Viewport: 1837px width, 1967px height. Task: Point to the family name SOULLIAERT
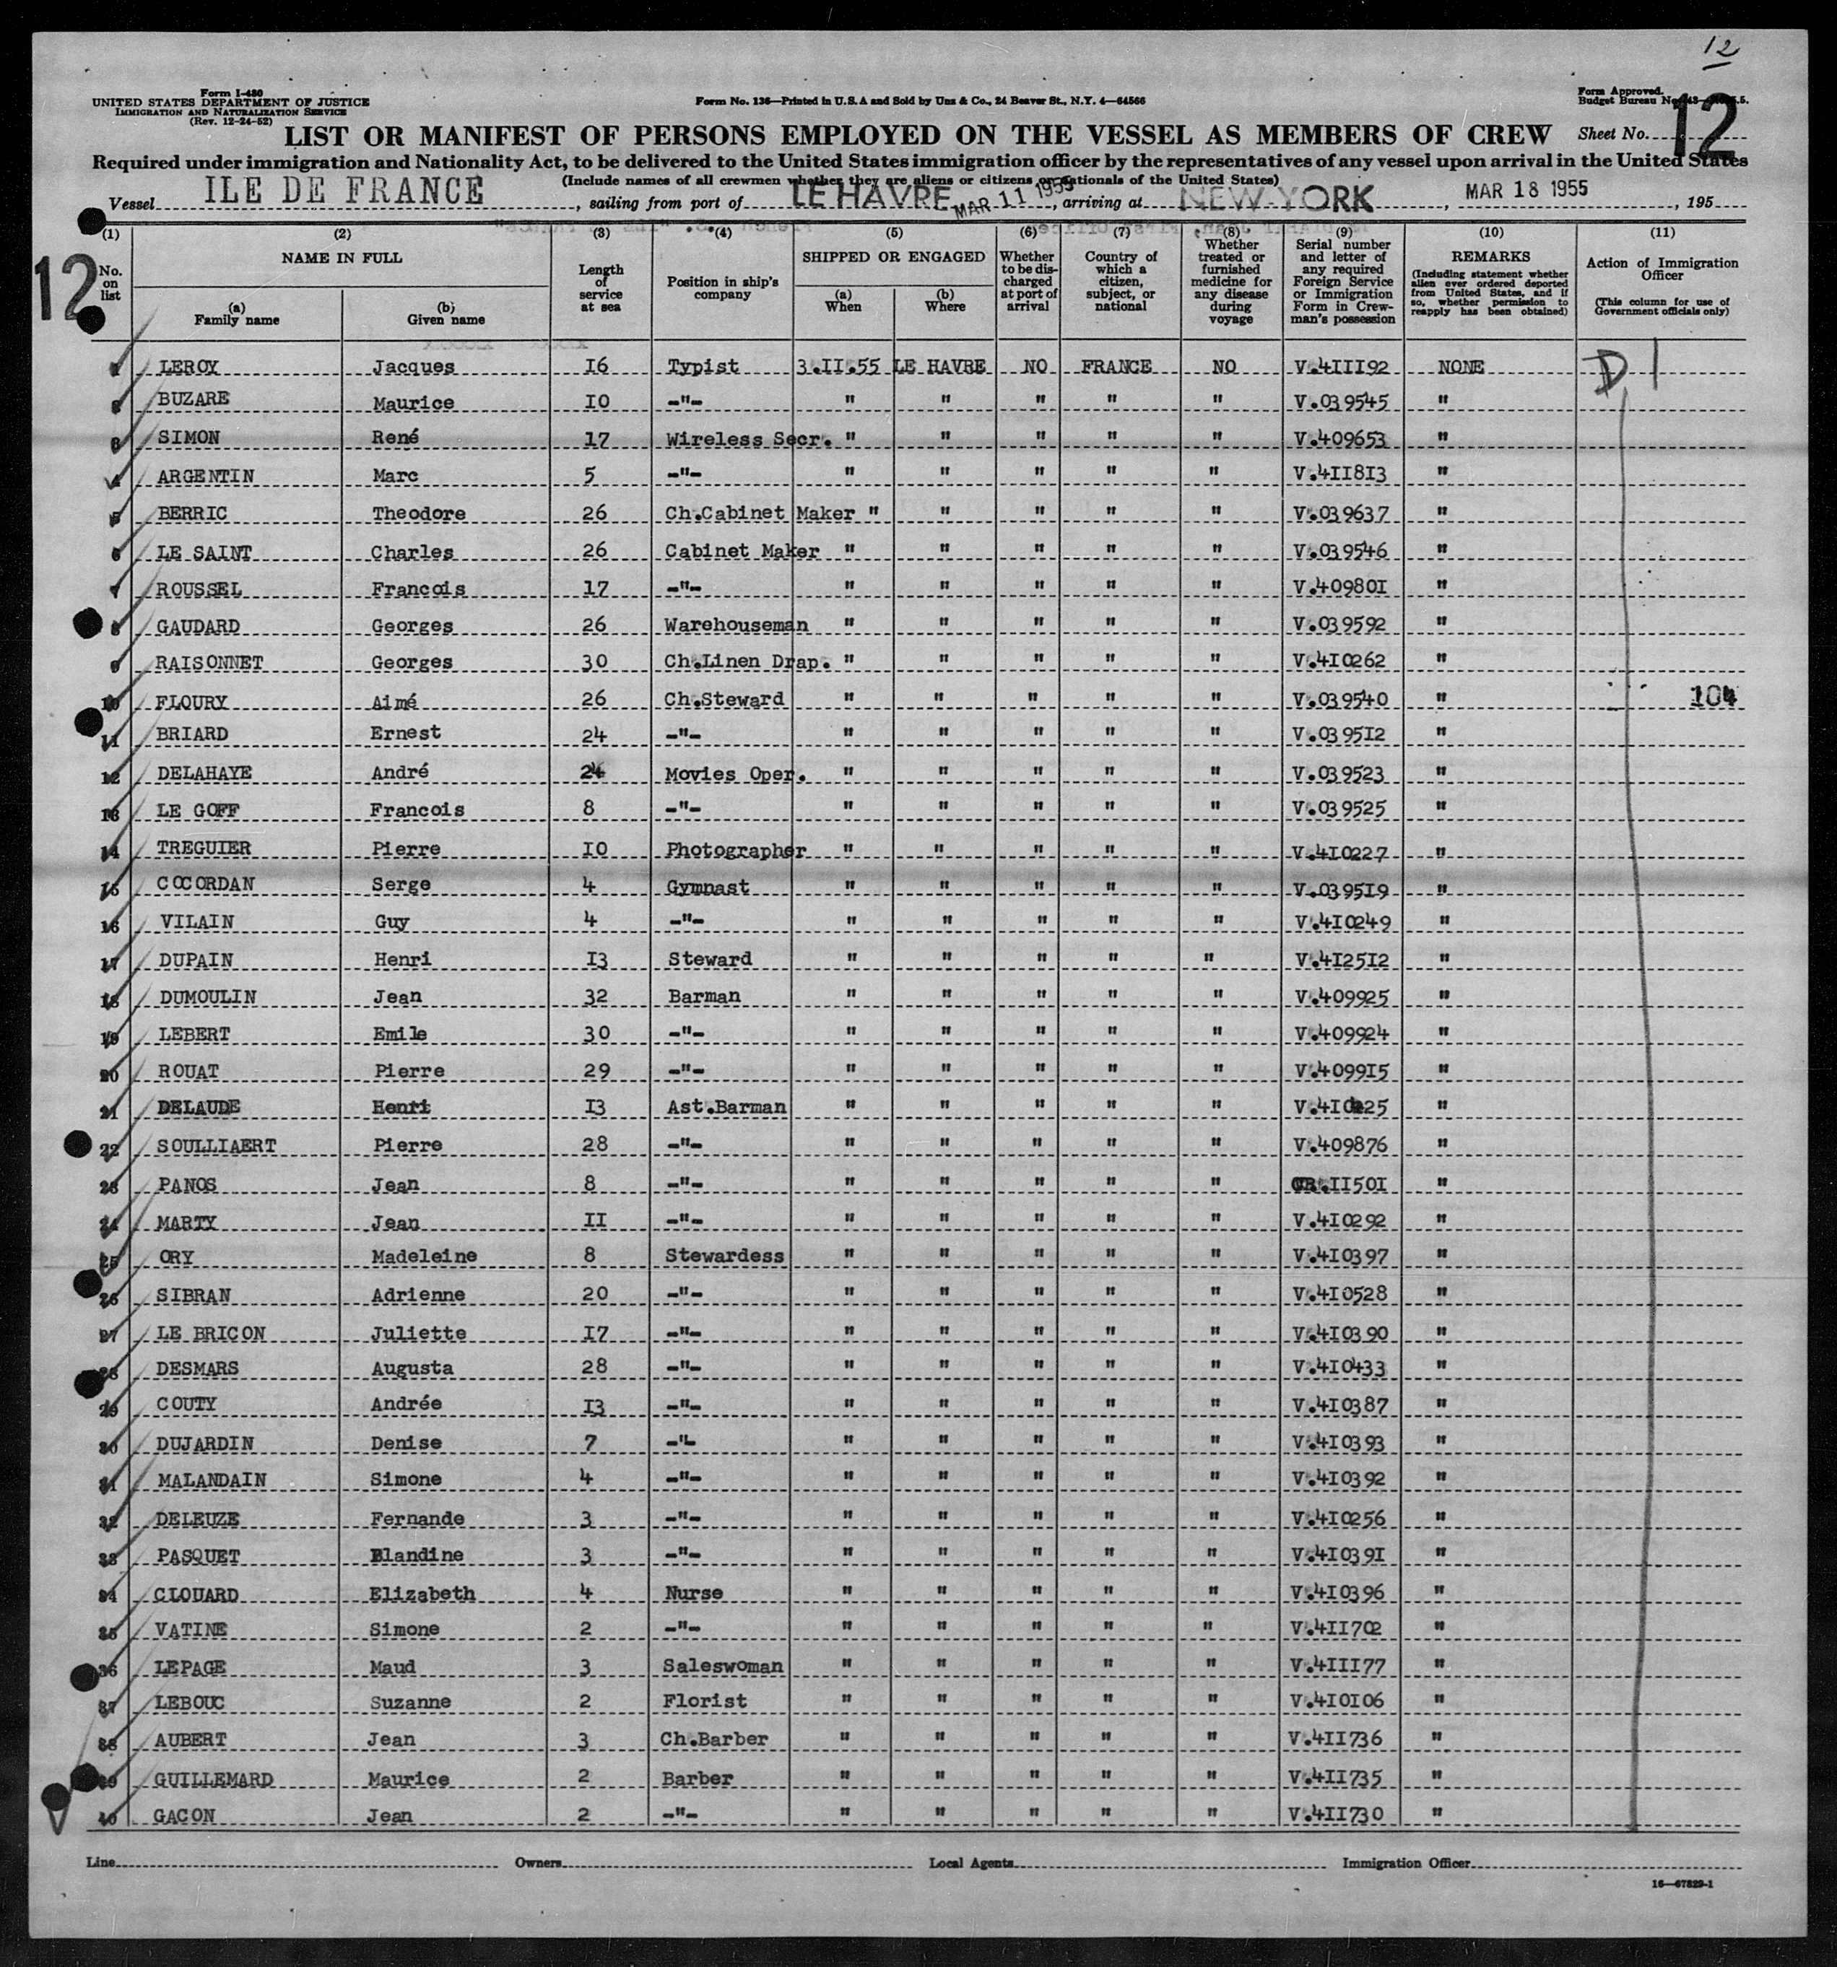coord(217,1146)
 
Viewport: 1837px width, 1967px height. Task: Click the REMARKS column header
coord(1491,259)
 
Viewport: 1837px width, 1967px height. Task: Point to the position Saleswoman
coord(723,1666)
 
